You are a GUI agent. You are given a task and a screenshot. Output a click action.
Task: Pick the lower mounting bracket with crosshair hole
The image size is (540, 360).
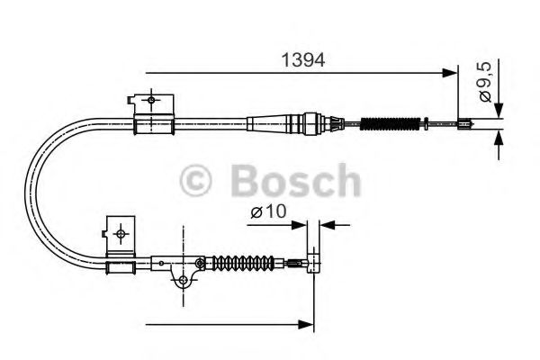click(x=120, y=231)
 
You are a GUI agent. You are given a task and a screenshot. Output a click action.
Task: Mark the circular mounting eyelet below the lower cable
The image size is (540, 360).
click(x=184, y=282)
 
